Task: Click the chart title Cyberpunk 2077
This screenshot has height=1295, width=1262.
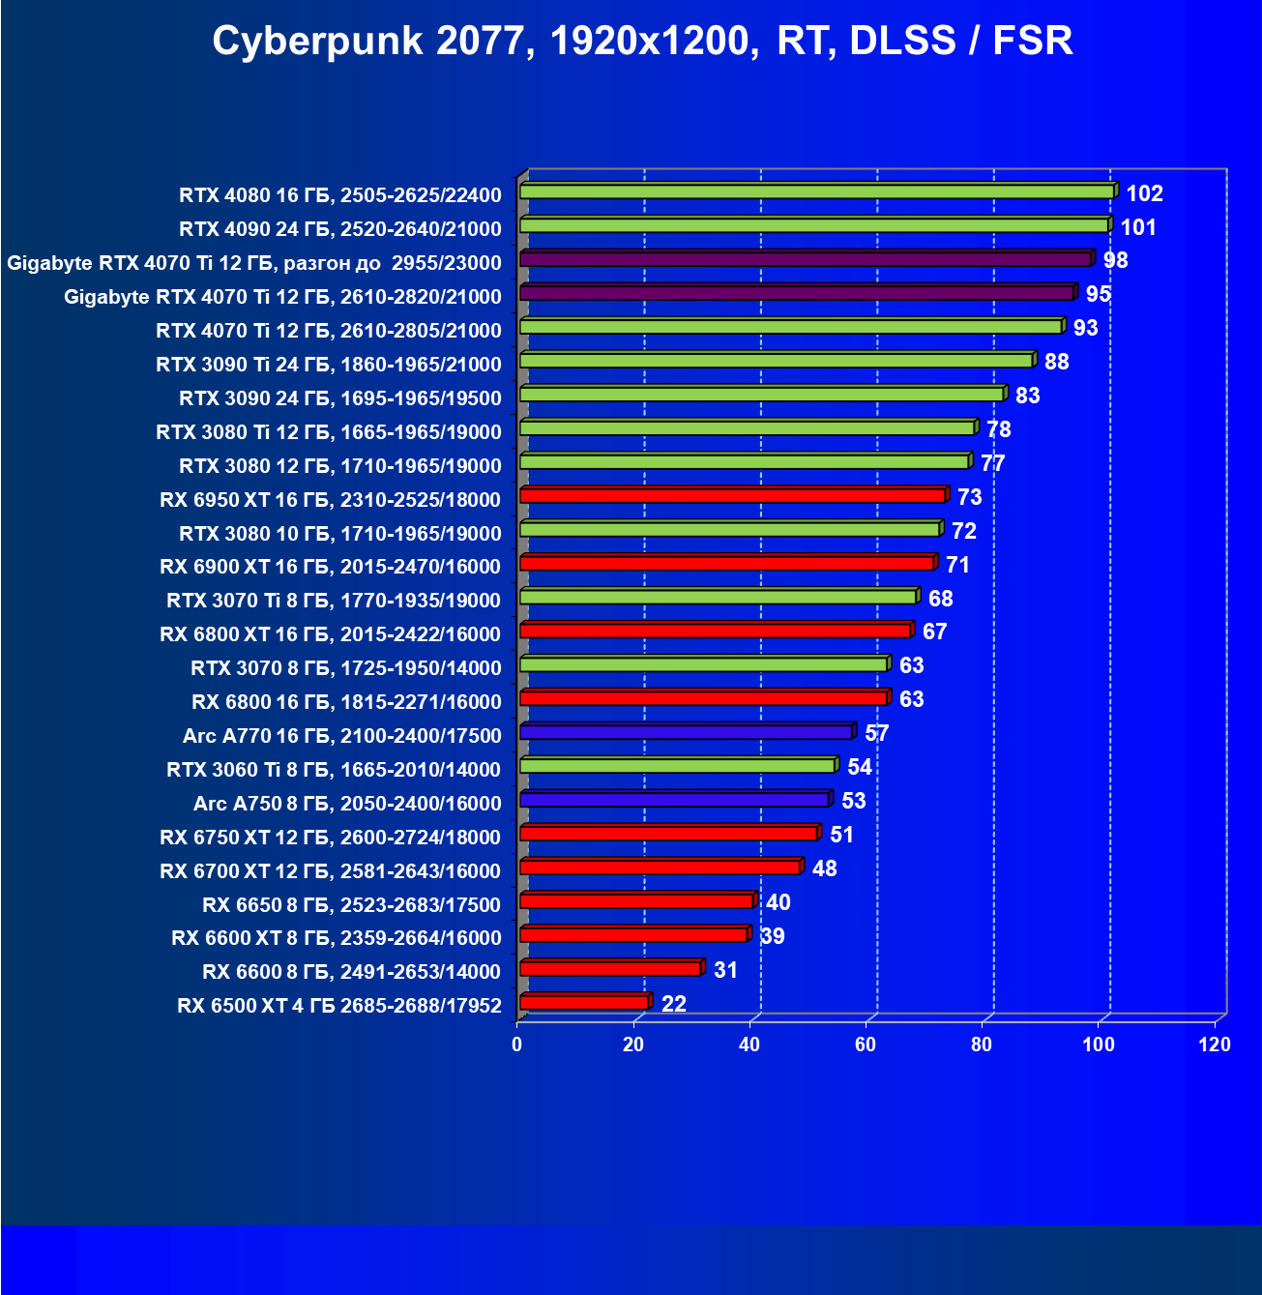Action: click(642, 41)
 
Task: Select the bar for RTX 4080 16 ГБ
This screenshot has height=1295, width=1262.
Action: click(817, 191)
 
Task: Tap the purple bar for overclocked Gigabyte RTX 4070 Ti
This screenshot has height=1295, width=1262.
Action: click(806, 259)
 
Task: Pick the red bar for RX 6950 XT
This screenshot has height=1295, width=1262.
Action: click(733, 496)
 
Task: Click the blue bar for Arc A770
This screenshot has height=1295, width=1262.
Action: click(687, 732)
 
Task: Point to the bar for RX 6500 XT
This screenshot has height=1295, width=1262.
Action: click(584, 1003)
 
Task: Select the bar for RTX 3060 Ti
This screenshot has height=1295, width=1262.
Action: click(678, 766)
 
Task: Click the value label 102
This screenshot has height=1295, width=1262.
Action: click(1144, 193)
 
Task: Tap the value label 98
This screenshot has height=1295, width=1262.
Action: click(1115, 260)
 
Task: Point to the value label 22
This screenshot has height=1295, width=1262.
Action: click(673, 1004)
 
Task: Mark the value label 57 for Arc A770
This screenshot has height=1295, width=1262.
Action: click(876, 733)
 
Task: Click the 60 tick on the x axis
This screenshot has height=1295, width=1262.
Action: click(866, 1045)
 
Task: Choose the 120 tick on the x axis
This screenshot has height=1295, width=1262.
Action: click(1215, 1045)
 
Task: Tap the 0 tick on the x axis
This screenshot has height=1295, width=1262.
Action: click(517, 1045)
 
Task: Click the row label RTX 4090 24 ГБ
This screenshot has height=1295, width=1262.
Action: click(339, 229)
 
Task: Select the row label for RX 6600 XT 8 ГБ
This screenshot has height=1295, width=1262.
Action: click(336, 938)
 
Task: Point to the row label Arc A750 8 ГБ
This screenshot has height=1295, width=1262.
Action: click(347, 804)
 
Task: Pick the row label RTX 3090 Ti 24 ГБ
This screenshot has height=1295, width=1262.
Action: click(328, 365)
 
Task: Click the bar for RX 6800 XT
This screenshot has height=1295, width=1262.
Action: click(716, 631)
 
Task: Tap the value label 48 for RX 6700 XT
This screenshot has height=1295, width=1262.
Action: click(824, 868)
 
